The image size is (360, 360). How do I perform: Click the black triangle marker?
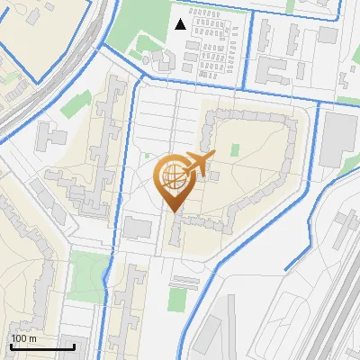181,24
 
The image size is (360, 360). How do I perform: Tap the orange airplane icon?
198,164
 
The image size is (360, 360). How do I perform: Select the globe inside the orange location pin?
172,175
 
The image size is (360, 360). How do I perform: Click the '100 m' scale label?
24,338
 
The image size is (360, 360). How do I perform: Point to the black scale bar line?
42,346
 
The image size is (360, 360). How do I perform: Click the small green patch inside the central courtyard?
235,150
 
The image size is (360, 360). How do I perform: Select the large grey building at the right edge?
338,139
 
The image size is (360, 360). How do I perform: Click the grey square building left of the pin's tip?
138,227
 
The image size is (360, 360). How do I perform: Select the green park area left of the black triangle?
144,22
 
